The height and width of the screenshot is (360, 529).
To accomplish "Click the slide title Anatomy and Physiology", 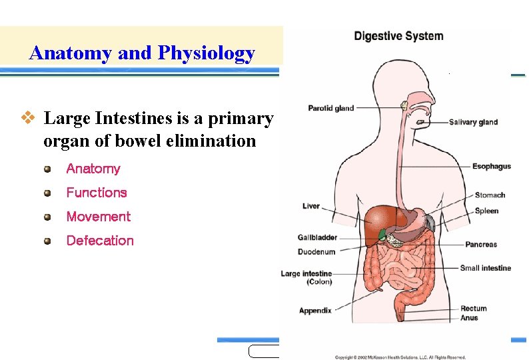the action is (142, 53).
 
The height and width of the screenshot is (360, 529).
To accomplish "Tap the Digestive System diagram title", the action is (398, 36).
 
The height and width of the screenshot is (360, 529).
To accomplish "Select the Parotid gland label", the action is (330, 108).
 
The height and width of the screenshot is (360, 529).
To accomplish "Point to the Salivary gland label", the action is (473, 122).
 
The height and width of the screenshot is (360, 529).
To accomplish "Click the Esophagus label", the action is (492, 166).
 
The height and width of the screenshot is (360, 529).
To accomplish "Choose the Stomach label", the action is (490, 195).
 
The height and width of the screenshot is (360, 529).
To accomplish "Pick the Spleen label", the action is (486, 211).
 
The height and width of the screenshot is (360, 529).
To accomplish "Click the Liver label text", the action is (311, 206).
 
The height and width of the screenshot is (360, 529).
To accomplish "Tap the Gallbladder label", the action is (316, 237).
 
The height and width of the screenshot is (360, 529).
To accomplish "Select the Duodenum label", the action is (316, 252).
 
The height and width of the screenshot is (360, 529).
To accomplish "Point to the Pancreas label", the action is (480, 245).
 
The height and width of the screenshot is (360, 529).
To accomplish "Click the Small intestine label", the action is (485, 268).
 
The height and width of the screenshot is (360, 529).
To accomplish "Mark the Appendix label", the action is (315, 311).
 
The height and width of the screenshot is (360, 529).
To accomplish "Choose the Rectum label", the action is (473, 309).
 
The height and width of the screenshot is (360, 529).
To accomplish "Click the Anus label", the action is (469, 318).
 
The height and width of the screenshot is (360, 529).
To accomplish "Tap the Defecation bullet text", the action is (100, 241).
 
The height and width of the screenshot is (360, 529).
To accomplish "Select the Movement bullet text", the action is (98, 217).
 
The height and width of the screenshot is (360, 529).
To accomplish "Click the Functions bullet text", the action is (96, 193).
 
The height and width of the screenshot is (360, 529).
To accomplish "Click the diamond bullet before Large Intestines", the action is (27, 118).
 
